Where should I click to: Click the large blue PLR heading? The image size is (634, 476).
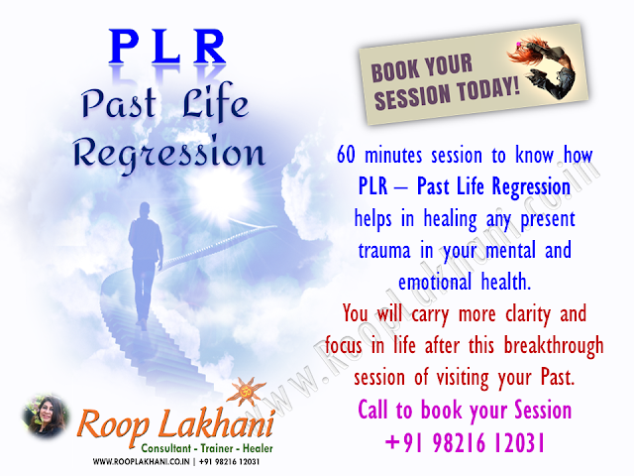167,47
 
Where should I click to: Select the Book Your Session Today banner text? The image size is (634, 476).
445,82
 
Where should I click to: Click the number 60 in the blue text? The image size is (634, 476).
347,155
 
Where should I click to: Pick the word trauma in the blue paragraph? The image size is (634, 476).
384,250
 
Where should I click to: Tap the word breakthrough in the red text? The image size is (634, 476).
554,346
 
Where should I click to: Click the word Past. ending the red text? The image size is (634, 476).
558,377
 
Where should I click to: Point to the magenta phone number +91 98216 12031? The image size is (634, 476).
465,442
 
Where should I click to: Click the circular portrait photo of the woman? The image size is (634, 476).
46,416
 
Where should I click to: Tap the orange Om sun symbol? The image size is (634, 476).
247,393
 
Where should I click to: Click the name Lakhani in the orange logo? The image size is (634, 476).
217,423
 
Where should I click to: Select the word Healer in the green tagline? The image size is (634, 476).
258,448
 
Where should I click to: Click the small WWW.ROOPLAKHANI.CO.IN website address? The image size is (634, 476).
141,462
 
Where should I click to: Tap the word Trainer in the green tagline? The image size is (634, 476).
217,448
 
